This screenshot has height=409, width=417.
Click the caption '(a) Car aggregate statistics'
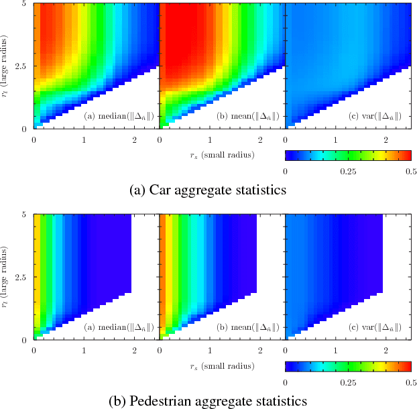[208, 190]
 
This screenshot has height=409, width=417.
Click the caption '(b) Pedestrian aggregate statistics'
[208, 401]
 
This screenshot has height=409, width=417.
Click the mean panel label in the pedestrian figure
[246, 329]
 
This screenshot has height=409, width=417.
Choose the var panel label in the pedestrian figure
[373, 329]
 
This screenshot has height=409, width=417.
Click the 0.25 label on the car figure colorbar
[348, 171]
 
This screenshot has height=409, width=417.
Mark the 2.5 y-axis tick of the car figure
[21, 66]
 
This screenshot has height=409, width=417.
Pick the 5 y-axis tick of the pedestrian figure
[24, 215]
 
